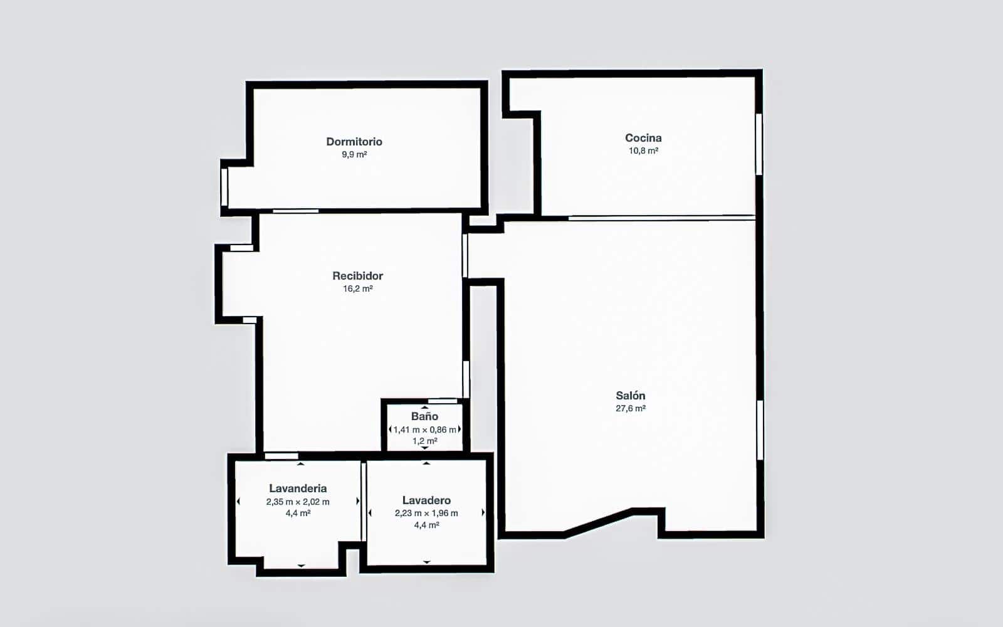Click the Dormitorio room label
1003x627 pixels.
(x=354, y=142)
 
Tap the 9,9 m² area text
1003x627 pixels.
(x=354, y=154)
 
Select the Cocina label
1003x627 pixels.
(x=643, y=138)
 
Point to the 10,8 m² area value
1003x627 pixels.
(x=643, y=150)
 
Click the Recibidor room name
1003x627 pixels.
(x=357, y=276)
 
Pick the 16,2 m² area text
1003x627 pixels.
(x=357, y=289)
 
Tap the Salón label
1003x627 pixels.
(x=630, y=396)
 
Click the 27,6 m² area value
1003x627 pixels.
(x=630, y=408)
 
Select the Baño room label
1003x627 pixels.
(x=424, y=416)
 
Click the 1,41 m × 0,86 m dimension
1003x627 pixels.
(x=424, y=429)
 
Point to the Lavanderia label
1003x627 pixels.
(x=298, y=488)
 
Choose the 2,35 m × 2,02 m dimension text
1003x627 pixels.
(x=298, y=502)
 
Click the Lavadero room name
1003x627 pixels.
(x=426, y=500)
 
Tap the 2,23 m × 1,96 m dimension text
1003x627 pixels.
(x=426, y=513)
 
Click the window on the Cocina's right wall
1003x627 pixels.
(x=759, y=144)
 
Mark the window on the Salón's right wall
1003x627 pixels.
(x=760, y=430)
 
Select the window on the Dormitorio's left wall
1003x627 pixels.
(x=224, y=187)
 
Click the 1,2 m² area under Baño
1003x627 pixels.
(x=424, y=441)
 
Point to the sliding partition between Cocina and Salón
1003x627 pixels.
(x=661, y=218)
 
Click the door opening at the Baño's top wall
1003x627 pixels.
(x=443, y=401)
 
